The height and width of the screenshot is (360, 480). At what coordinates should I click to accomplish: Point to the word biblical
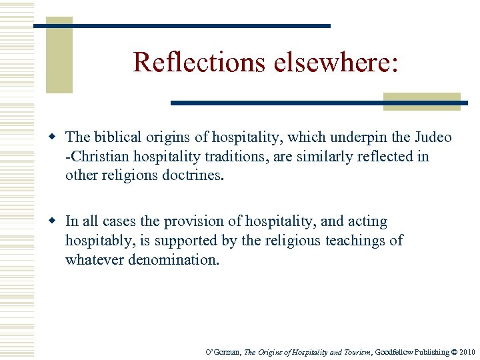click(115, 138)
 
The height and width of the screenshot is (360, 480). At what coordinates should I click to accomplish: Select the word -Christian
click(93, 157)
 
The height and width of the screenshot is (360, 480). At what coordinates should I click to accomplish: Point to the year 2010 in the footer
click(467, 351)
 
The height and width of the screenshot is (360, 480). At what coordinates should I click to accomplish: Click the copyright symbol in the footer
click(454, 351)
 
